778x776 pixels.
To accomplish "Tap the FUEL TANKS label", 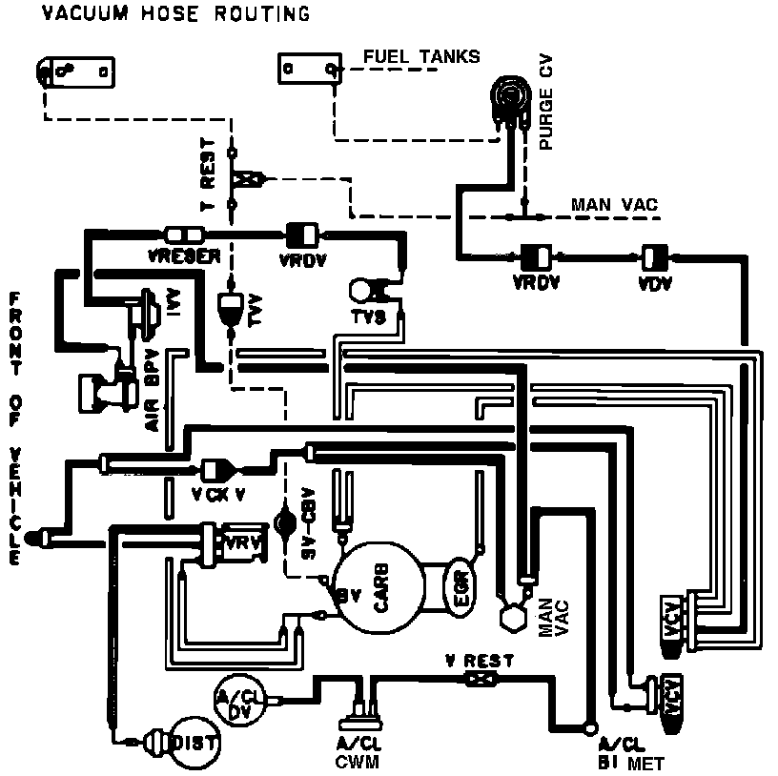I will [421, 57].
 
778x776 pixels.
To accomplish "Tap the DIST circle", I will [194, 741].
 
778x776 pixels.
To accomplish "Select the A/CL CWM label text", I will [358, 753].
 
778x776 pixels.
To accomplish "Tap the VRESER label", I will [183, 256].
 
